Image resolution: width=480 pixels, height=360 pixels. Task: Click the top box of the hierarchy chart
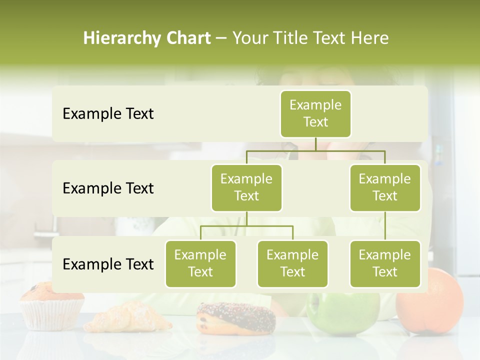pyautogui.click(x=315, y=113)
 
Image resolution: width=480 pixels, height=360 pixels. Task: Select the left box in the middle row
pyautogui.click(x=246, y=187)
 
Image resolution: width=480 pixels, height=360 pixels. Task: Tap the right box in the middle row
pyautogui.click(x=384, y=187)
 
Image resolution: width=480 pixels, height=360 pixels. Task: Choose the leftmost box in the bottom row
pyautogui.click(x=200, y=263)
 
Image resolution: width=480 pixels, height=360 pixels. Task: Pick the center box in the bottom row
pyautogui.click(x=292, y=263)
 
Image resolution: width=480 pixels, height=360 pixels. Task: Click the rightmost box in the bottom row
pyautogui.click(x=384, y=263)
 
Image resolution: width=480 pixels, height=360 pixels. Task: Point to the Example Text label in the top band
pyautogui.click(x=108, y=114)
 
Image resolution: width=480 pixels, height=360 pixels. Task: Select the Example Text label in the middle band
pyautogui.click(x=108, y=188)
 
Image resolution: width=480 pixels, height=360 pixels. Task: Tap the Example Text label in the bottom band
pyautogui.click(x=108, y=264)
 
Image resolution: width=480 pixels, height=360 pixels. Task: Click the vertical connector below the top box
pyautogui.click(x=315, y=144)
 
